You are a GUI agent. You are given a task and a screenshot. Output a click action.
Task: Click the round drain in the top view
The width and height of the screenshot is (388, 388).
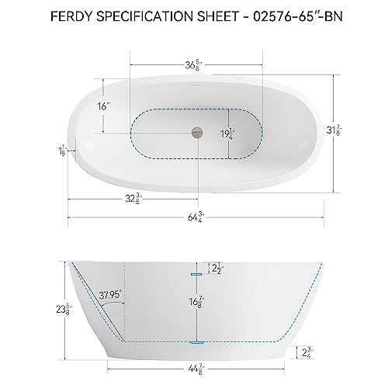pyautogui.click(x=192, y=133)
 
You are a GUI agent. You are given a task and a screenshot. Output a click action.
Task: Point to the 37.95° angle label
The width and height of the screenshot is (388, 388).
pyautogui.click(x=112, y=295)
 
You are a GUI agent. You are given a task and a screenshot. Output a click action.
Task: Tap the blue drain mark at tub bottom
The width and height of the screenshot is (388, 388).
pyautogui.click(x=196, y=341)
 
